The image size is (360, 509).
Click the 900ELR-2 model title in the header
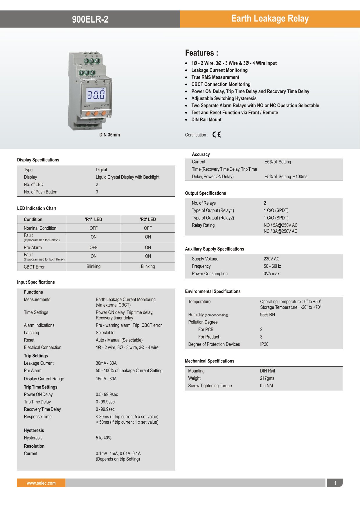[x=90, y=19]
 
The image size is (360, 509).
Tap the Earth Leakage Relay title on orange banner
[x=270, y=19]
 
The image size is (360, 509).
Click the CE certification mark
[x=217, y=134]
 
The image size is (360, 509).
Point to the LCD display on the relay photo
[x=96, y=94]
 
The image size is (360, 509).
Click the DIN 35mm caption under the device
[x=109, y=135]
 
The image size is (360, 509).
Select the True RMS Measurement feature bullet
[x=215, y=77]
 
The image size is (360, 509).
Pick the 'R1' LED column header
[x=93, y=220]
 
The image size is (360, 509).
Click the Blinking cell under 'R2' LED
[x=148, y=267]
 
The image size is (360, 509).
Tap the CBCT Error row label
[x=34, y=267]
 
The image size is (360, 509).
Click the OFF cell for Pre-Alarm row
[x=93, y=247]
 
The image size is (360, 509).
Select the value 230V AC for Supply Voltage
[x=271, y=259]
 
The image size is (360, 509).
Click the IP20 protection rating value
[x=264, y=344]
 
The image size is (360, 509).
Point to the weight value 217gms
[x=267, y=378]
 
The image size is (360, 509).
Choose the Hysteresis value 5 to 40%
[x=104, y=438]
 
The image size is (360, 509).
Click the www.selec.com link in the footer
[x=41, y=483]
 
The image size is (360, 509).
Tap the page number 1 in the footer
[x=335, y=483]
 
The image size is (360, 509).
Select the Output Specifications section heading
[x=206, y=193]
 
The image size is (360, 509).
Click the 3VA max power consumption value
[x=271, y=274]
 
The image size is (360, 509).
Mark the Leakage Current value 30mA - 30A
[x=106, y=363]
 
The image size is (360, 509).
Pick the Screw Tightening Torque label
[x=210, y=386]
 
